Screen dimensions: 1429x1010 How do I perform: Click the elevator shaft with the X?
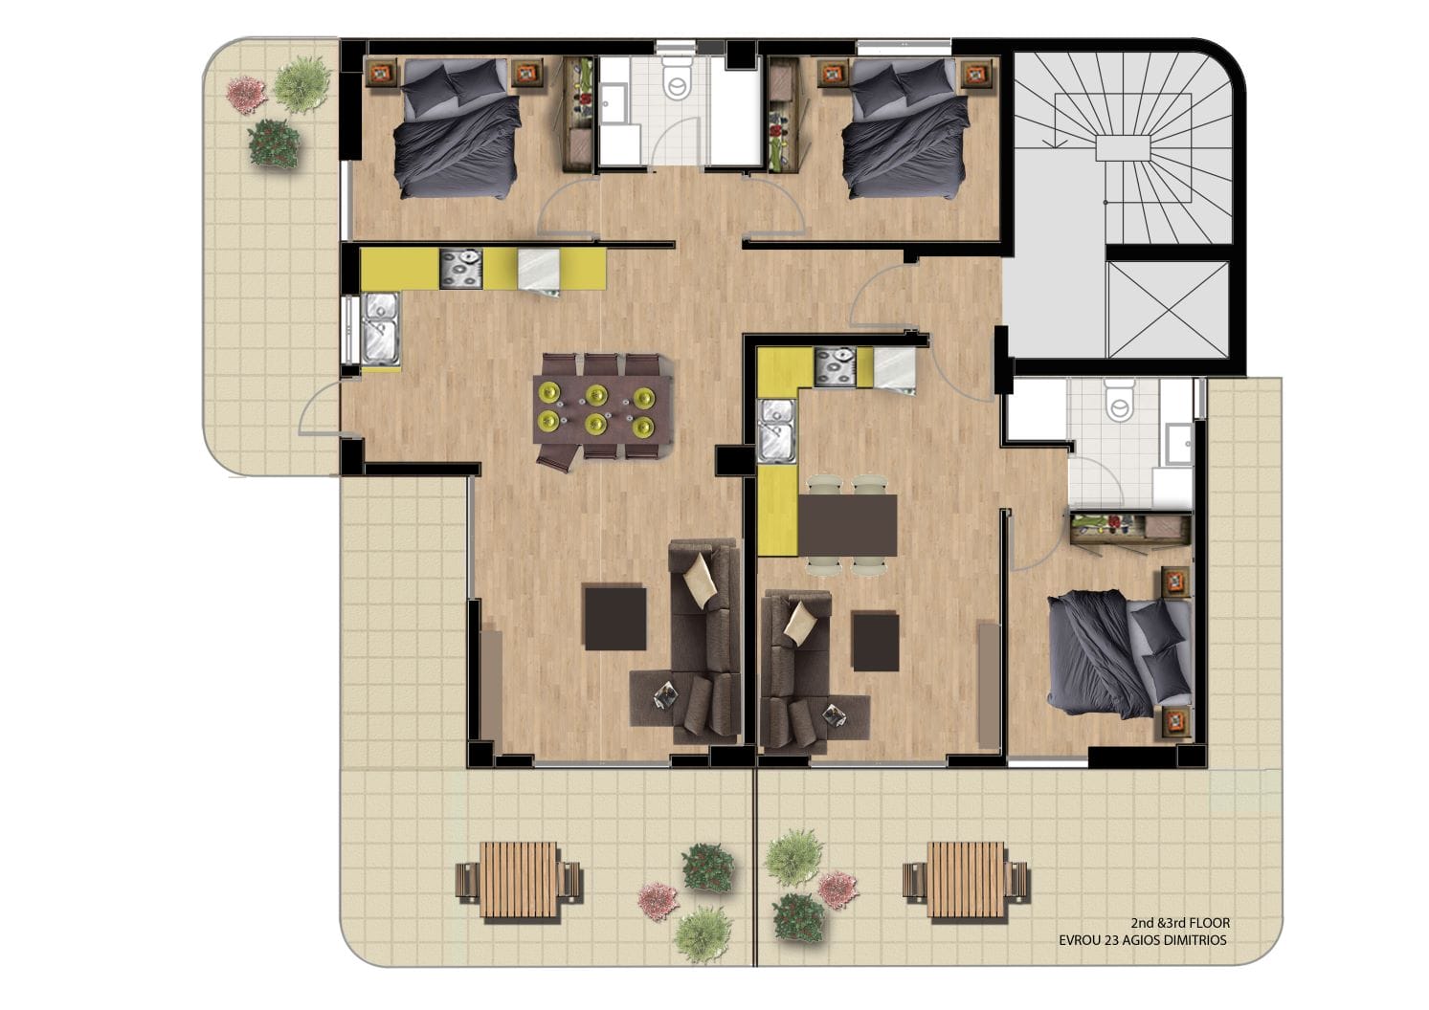(1168, 309)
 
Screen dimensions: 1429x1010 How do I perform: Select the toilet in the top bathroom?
(677, 78)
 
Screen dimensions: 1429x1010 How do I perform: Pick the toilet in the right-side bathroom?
(1120, 401)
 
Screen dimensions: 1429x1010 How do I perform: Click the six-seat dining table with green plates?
(602, 408)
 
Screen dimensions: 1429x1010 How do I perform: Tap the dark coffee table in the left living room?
(615, 618)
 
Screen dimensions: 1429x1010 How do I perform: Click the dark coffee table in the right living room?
(876, 641)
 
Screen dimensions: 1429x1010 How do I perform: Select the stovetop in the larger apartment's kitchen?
(460, 269)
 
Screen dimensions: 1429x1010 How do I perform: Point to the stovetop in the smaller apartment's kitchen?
(835, 366)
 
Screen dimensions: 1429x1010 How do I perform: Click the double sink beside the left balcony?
(380, 329)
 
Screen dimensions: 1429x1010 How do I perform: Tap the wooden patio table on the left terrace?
(518, 880)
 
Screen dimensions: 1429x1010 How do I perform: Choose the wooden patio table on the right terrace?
(966, 880)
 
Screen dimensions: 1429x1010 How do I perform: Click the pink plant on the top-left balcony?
(246, 95)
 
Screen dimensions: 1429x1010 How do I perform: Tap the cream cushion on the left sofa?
(700, 581)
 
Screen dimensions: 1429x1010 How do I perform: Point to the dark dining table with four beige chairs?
(848, 525)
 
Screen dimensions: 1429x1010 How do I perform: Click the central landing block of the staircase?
(1122, 148)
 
